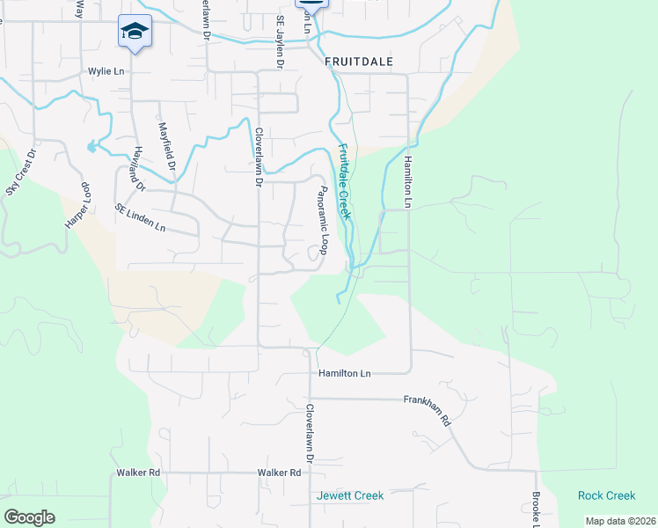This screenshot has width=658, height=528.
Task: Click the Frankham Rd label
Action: coord(427,410)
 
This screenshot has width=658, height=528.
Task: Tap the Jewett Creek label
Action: coord(350,495)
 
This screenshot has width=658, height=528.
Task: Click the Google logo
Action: coord(29,517)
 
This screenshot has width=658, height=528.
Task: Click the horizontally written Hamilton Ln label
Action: coord(345,373)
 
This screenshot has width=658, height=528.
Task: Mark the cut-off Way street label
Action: coord(79,9)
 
